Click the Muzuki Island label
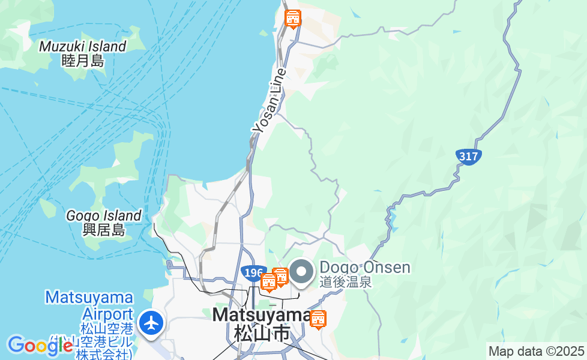pyautogui.click(x=83, y=46)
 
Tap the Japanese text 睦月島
pyautogui.click(x=83, y=61)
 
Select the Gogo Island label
pyautogui.click(x=104, y=215)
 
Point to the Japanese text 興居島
pyautogui.click(x=104, y=230)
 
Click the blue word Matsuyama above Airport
pyautogui.click(x=89, y=298)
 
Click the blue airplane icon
pyautogui.click(x=151, y=323)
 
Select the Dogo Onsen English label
pyautogui.click(x=365, y=267)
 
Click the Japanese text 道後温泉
pyautogui.click(x=346, y=281)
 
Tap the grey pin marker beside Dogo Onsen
pyautogui.click(x=301, y=272)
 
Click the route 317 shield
pyautogui.click(x=468, y=157)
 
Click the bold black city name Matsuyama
pyautogui.click(x=261, y=315)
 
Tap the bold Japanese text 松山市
pyautogui.click(x=261, y=332)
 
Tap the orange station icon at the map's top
pyautogui.click(x=293, y=19)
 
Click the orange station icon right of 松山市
pyautogui.click(x=318, y=320)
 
